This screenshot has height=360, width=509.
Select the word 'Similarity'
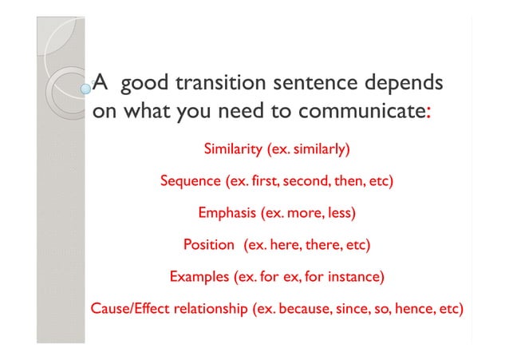[234, 149]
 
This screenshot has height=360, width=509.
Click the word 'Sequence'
[190, 181]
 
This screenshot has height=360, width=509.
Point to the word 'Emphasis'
[227, 213]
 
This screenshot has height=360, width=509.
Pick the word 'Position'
[208, 245]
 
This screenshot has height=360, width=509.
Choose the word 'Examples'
[198, 277]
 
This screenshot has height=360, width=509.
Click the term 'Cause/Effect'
[130, 309]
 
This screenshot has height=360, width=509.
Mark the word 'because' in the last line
[303, 309]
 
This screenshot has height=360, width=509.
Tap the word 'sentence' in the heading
[311, 81]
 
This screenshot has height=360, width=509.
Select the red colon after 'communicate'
[429, 113]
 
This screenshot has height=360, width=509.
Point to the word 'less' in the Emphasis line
[339, 213]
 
